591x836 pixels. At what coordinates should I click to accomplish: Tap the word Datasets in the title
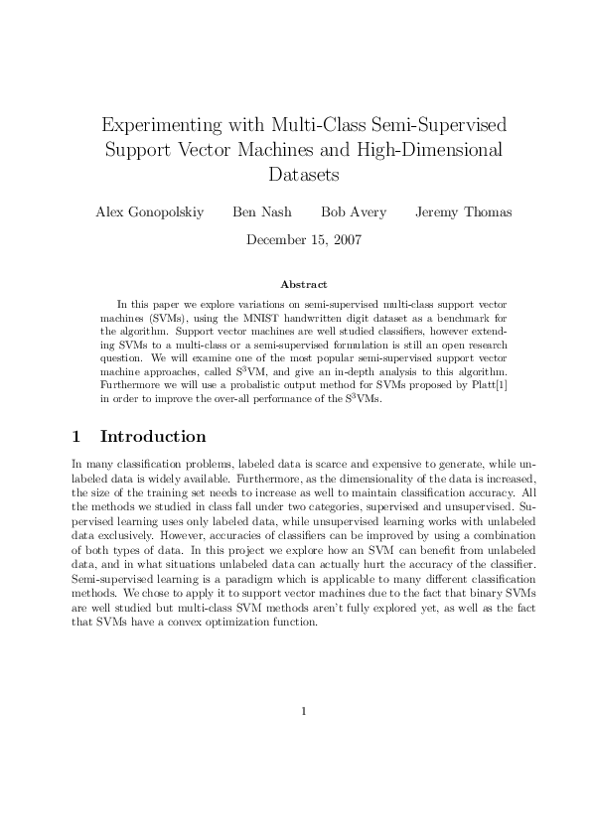[x=304, y=176]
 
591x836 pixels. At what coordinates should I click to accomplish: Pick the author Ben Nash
[x=262, y=211]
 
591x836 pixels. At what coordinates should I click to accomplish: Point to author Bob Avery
[x=353, y=211]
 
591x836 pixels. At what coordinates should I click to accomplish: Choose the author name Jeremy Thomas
[x=464, y=211]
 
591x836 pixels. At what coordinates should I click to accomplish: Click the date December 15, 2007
[x=303, y=239]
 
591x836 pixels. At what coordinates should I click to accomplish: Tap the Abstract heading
[x=303, y=284]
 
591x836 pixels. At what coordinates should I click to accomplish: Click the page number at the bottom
[x=304, y=711]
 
